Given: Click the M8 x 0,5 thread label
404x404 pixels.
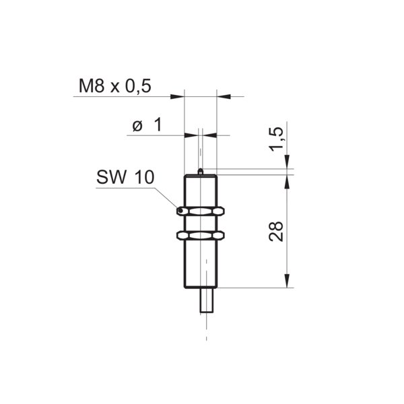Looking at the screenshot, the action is [115, 86].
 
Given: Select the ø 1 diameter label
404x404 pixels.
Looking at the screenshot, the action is [147, 125].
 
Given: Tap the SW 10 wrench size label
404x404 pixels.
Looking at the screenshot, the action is [125, 177].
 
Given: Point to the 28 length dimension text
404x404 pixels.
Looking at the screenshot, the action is [276, 232].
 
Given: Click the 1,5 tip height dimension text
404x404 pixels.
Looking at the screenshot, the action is [276, 139].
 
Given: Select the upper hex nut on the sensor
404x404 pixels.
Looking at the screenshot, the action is [201, 211].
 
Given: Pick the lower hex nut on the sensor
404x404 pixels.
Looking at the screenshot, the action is [201, 236].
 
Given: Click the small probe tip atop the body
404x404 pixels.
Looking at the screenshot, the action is [201, 172].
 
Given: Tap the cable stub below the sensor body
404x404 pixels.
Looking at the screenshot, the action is [207, 300].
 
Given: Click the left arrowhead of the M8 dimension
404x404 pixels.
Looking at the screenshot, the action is [178, 96].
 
